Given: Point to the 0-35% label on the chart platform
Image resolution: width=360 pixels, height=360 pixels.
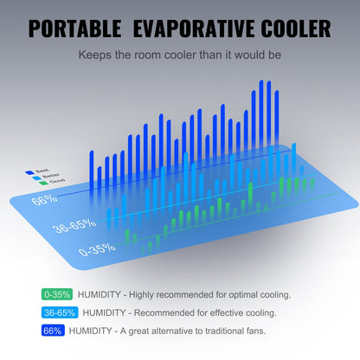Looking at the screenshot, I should point(96,251).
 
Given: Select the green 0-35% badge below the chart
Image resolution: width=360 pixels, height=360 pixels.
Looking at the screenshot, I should point(55,295).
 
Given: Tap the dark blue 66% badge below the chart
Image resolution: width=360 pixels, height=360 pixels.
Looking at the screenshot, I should point(52,330).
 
